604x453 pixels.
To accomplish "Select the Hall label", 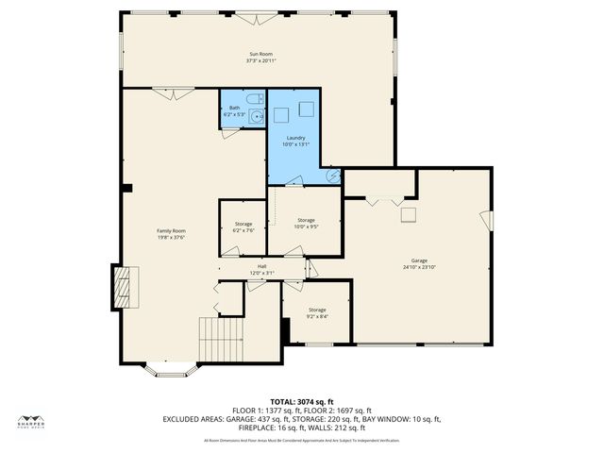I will pyautogui.click(x=261, y=267).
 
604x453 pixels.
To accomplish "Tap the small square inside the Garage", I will pyautogui.click(x=409, y=215).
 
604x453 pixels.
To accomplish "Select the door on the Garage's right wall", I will pyautogui.click(x=491, y=219).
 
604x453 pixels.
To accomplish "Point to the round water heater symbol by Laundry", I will pyautogui.click(x=333, y=175).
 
